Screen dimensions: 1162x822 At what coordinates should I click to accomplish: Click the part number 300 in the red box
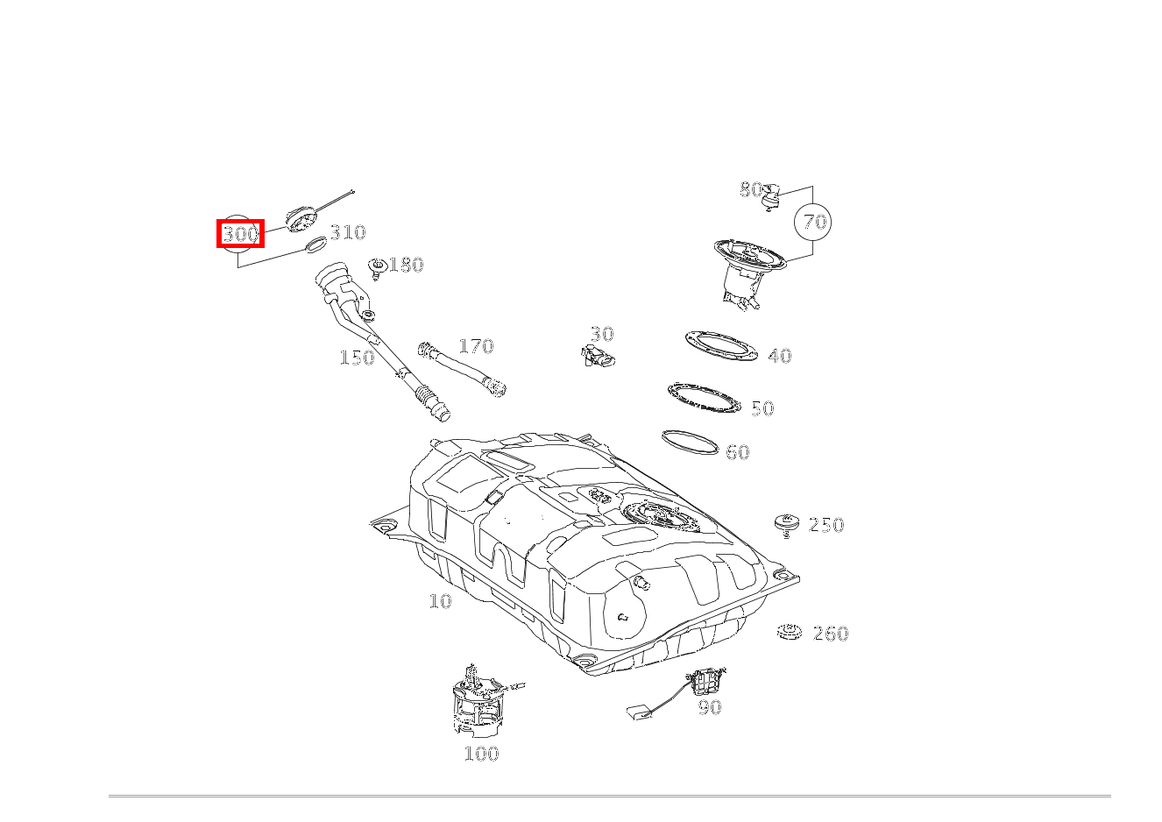(x=240, y=234)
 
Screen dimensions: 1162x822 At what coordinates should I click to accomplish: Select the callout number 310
(x=348, y=232)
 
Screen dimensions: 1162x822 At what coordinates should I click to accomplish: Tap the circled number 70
(x=814, y=222)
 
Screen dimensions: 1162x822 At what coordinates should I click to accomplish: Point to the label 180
(x=406, y=265)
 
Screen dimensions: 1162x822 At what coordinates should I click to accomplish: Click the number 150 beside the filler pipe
(x=357, y=358)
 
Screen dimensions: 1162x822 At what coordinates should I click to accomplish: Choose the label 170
(x=476, y=346)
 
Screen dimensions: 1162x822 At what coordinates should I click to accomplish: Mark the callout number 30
(x=602, y=334)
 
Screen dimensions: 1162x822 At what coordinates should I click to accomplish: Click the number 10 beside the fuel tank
(x=440, y=601)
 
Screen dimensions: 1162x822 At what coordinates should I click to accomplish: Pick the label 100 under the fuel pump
(x=481, y=754)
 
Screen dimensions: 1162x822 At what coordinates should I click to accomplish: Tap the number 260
(x=831, y=634)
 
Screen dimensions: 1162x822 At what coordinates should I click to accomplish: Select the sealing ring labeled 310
(x=316, y=244)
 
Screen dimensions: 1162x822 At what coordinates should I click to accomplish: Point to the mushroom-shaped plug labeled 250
(x=786, y=525)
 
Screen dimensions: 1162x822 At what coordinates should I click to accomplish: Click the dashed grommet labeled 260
(x=790, y=632)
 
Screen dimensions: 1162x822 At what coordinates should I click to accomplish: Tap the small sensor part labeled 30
(x=598, y=355)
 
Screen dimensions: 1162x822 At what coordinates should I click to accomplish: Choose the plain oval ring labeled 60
(x=690, y=443)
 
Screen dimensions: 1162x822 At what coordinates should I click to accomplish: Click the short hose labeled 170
(x=462, y=369)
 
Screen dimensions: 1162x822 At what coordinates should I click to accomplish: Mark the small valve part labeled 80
(x=771, y=197)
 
